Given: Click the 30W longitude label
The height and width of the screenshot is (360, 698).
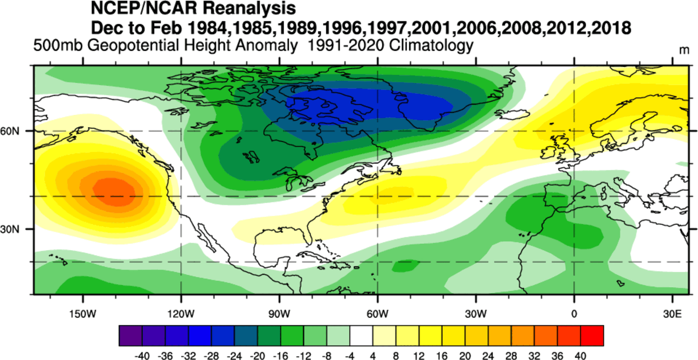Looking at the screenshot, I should (x=476, y=314).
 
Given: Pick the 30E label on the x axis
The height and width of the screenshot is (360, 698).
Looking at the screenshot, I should (x=672, y=314).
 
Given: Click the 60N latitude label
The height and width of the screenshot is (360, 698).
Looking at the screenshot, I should (x=16, y=131).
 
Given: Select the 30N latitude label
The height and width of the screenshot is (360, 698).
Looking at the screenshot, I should (x=16, y=229).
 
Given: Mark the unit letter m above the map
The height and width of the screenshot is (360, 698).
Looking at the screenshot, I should (x=684, y=50).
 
